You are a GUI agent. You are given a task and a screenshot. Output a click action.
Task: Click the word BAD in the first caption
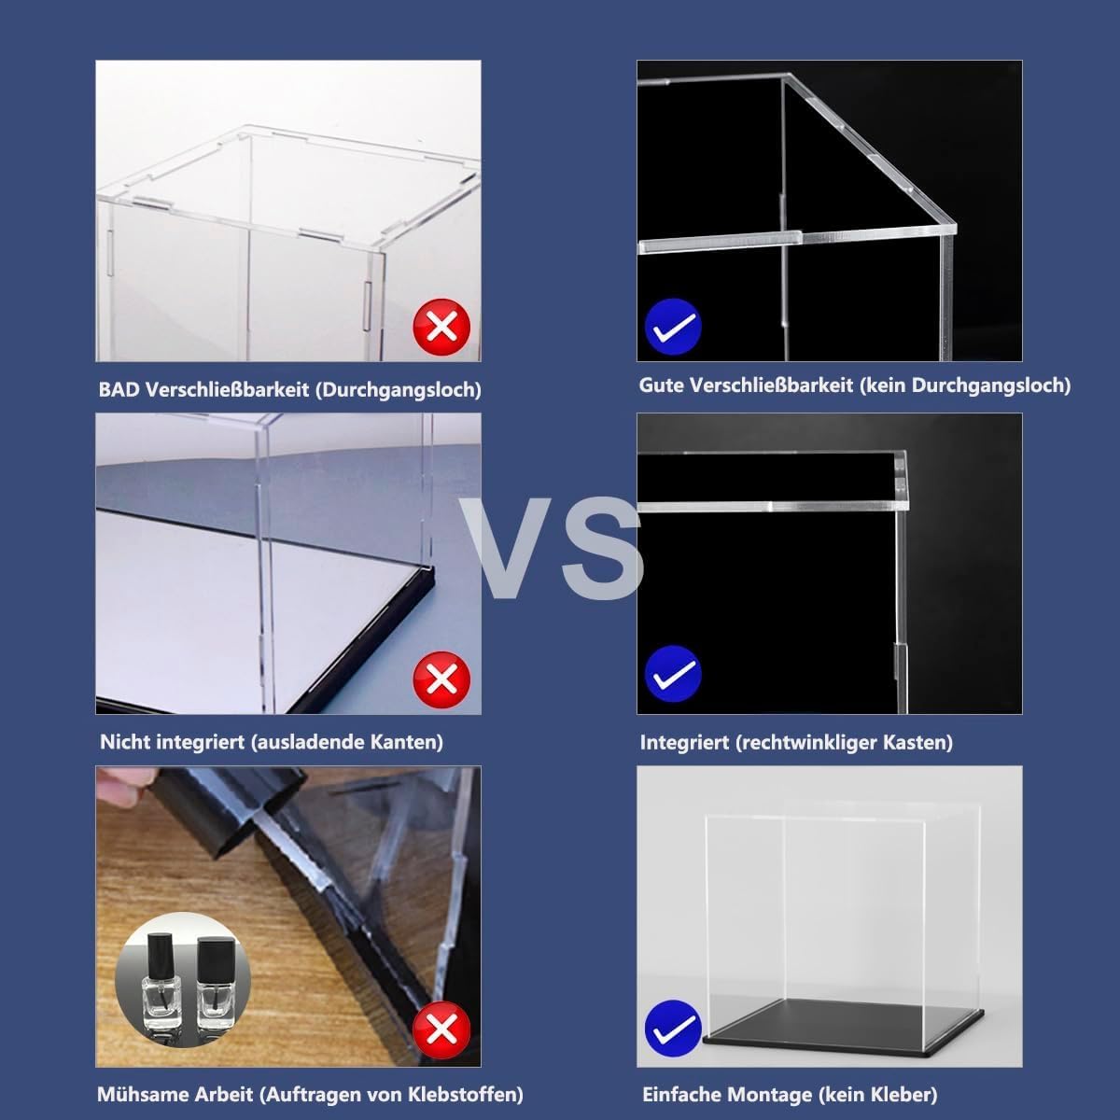(x=118, y=390)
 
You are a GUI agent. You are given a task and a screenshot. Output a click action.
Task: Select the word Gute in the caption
(x=661, y=385)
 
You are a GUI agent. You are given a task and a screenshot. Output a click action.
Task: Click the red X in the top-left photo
(x=441, y=326)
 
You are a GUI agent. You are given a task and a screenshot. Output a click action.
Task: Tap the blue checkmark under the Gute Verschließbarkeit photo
(x=673, y=326)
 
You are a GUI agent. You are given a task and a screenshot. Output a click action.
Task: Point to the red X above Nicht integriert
(x=441, y=678)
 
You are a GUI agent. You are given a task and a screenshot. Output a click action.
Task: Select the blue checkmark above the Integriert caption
(x=673, y=672)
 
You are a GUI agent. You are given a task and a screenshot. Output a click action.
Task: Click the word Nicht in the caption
(x=124, y=742)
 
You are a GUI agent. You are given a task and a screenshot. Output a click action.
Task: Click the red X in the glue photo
(x=441, y=1029)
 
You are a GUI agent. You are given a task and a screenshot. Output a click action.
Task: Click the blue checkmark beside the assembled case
(x=673, y=1029)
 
